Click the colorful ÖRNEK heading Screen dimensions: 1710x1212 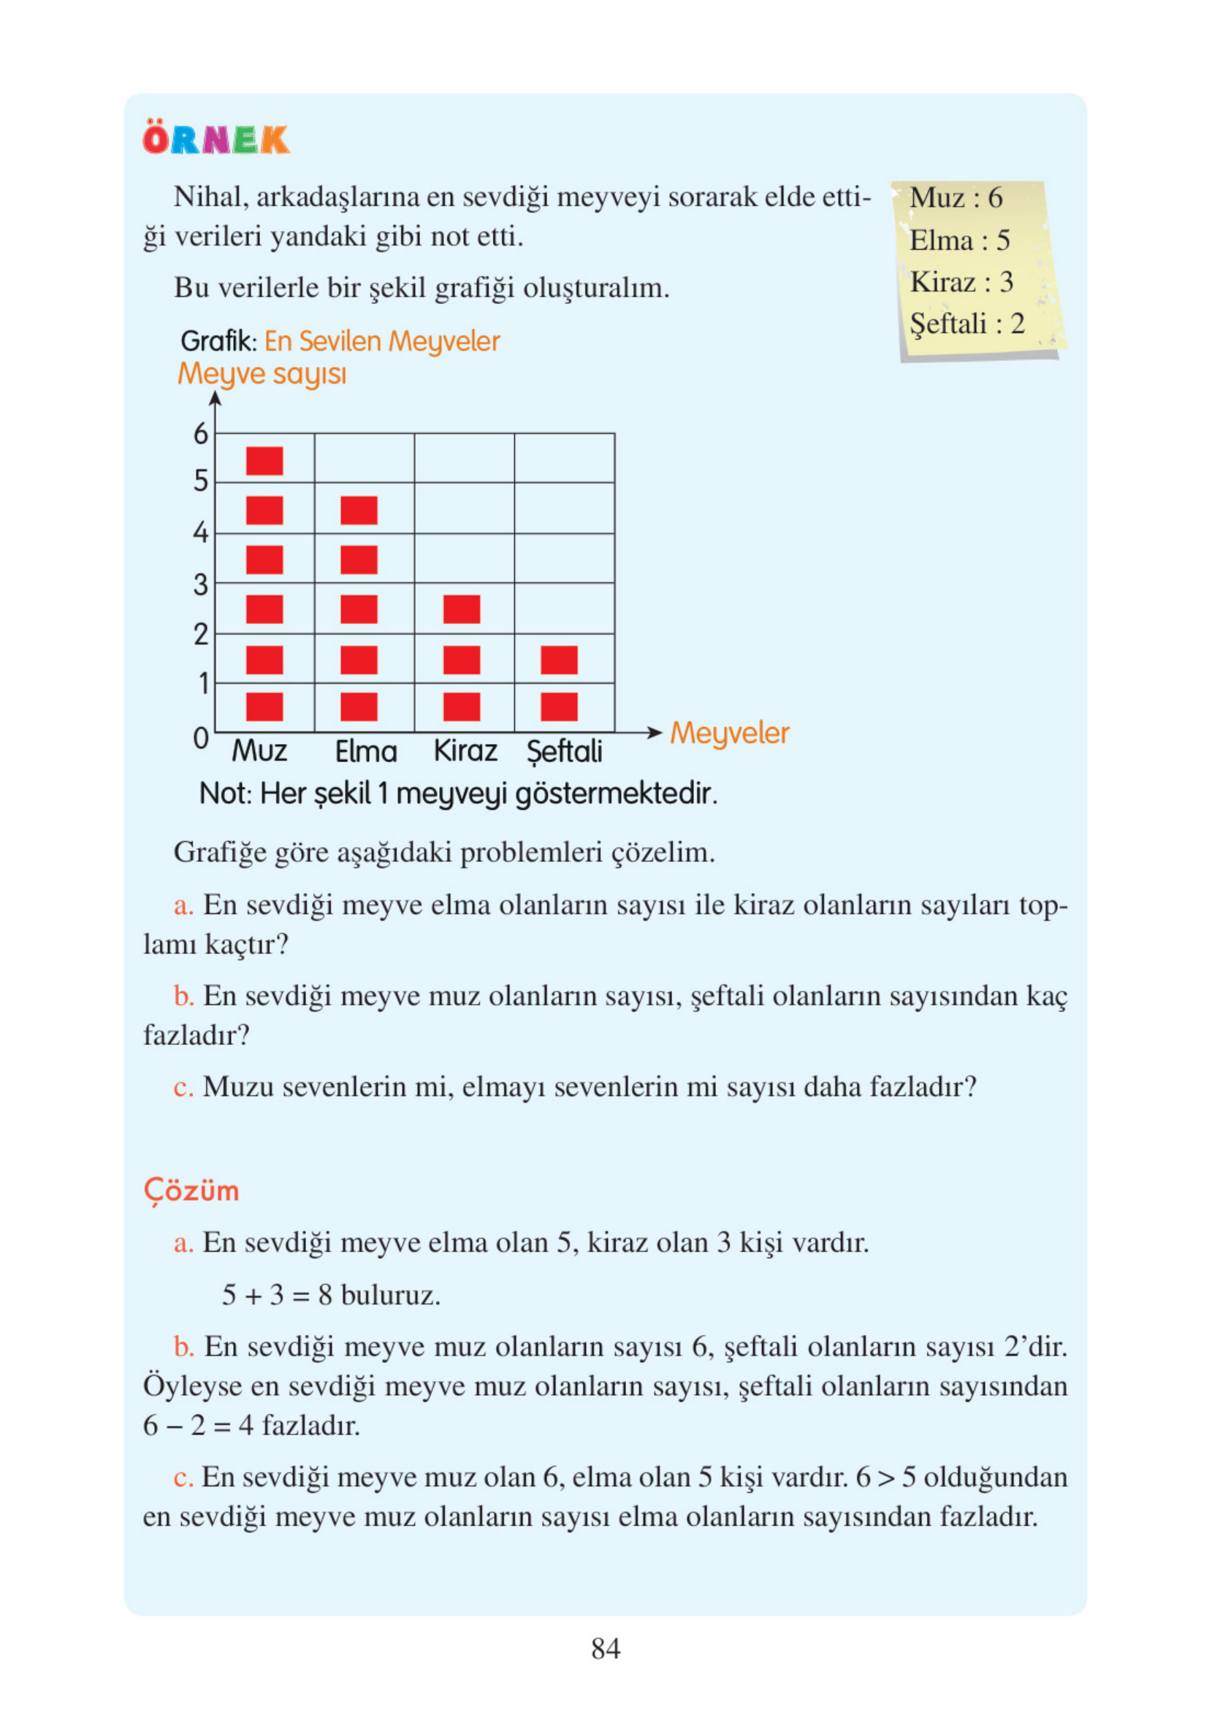pyautogui.click(x=216, y=139)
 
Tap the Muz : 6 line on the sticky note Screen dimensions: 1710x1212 pyautogui.click(x=956, y=198)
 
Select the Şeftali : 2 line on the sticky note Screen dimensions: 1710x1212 pyautogui.click(x=967, y=324)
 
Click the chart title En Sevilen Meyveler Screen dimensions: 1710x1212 pyautogui.click(x=381, y=341)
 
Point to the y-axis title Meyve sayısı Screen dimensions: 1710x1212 pyautogui.click(x=262, y=373)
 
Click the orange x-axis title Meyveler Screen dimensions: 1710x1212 pyautogui.click(x=729, y=733)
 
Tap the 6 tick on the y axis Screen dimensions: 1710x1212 pyautogui.click(x=201, y=433)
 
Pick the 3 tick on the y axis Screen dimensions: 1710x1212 pyautogui.click(x=201, y=585)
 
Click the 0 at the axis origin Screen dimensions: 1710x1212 pyautogui.click(x=201, y=738)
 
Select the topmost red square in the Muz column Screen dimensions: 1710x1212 pyautogui.click(x=264, y=460)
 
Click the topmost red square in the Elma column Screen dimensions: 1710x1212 pyautogui.click(x=359, y=511)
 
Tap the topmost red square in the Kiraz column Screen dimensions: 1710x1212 pyautogui.click(x=461, y=609)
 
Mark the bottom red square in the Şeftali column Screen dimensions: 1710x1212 pyautogui.click(x=559, y=707)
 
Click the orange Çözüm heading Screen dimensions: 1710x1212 pyautogui.click(x=191, y=1190)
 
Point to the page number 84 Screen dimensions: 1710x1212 pyautogui.click(x=605, y=1649)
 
